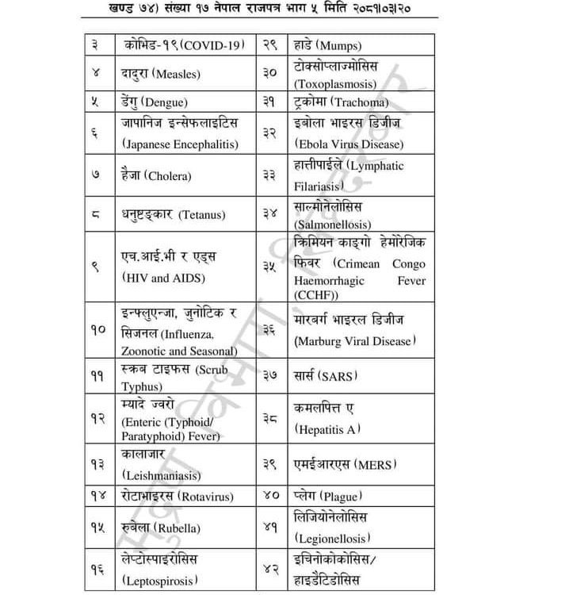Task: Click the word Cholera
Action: (x=171, y=175)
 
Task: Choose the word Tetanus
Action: (x=202, y=215)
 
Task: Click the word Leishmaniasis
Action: (x=162, y=475)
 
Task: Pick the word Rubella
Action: (x=180, y=528)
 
